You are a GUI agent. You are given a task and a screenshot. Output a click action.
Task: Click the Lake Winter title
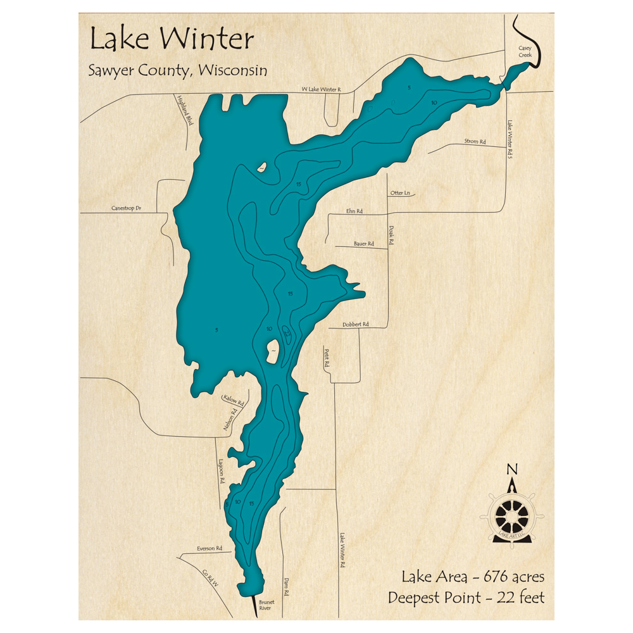(172, 39)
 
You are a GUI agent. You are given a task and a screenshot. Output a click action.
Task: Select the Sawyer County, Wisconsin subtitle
(177, 70)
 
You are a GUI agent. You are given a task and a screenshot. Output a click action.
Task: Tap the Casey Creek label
(525, 51)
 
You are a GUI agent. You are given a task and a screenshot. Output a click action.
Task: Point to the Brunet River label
(265, 605)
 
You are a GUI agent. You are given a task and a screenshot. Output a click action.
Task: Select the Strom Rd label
(475, 141)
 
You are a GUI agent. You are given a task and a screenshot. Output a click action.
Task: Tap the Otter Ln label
(400, 193)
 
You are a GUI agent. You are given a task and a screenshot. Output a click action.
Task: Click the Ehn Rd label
(354, 211)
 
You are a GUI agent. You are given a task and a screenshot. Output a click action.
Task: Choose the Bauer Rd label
(364, 243)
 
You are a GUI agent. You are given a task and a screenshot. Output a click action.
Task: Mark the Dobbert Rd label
(356, 324)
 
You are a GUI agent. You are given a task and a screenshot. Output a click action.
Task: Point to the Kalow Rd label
(233, 399)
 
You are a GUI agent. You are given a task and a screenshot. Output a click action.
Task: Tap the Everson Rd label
(210, 548)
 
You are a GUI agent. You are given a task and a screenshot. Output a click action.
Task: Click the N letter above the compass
(513, 469)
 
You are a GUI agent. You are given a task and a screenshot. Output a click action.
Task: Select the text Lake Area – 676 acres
(473, 577)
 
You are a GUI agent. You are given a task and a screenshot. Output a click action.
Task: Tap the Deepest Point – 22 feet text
(466, 597)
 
